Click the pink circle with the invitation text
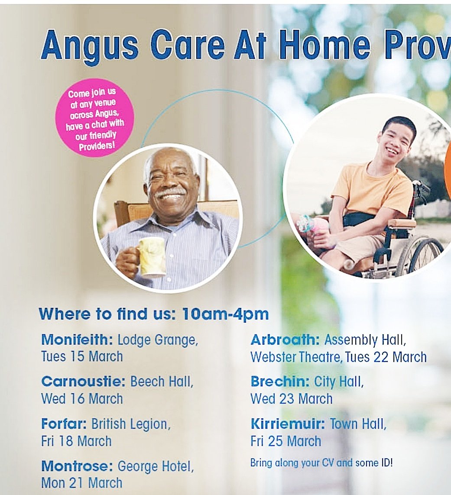[x=94, y=117]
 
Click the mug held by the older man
[x=151, y=256]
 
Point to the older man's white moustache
[x=171, y=192]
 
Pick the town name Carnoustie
[x=83, y=382]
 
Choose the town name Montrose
[x=77, y=466]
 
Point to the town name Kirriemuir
[x=287, y=424]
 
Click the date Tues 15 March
[x=82, y=357]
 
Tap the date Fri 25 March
[x=286, y=441]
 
